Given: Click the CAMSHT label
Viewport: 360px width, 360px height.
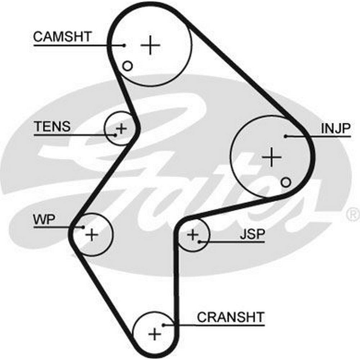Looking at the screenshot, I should (63, 37).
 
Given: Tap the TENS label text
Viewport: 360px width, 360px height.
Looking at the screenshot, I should (52, 126).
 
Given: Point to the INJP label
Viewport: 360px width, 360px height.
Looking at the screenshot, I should (336, 128).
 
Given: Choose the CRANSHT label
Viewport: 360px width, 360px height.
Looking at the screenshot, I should (230, 317).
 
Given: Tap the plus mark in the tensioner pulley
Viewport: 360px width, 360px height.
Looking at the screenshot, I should (122, 128).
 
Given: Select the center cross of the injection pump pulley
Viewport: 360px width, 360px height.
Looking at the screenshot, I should (271, 157).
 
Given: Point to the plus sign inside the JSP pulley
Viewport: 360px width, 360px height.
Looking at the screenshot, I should (193, 235).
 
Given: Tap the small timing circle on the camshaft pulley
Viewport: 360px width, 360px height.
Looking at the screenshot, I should (127, 66).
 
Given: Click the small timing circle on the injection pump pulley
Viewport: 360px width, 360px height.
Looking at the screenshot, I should (286, 183).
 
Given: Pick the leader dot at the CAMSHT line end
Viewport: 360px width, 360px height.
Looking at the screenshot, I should (124, 45).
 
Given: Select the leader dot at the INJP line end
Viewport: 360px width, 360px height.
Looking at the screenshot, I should (285, 136).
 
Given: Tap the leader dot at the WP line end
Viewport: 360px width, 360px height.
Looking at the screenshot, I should (83, 227).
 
